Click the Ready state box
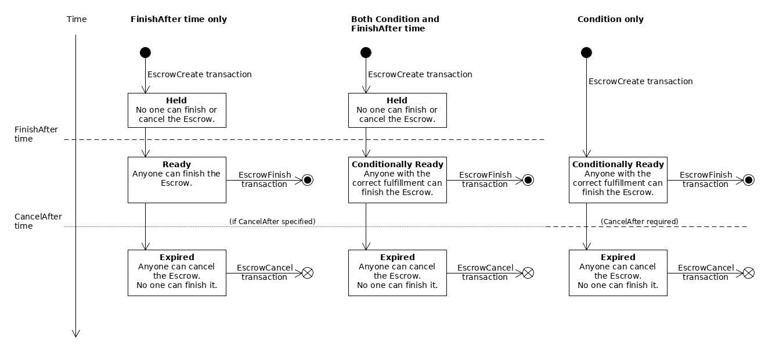(176, 179)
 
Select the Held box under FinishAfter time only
(176, 110)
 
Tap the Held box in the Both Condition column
(397, 110)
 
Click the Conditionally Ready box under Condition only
(618, 179)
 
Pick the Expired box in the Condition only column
(618, 272)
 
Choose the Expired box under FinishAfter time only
(176, 272)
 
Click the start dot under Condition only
(586, 53)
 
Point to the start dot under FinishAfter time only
(145, 53)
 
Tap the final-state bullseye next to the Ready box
(308, 180)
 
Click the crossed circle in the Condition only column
(749, 273)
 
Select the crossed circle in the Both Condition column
(528, 273)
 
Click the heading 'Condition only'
(610, 19)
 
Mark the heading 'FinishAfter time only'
(178, 19)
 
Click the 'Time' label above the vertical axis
(77, 19)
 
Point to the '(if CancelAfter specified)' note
(272, 221)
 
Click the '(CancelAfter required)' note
(639, 221)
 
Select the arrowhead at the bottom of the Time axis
(75, 333)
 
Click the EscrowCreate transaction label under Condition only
(640, 81)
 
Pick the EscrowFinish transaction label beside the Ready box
(265, 179)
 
